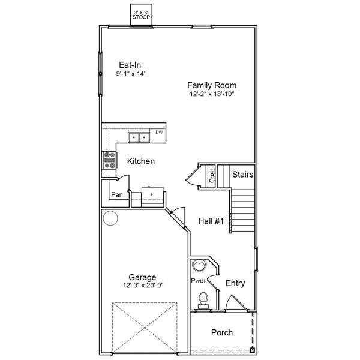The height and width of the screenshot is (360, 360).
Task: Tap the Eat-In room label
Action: pyautogui.click(x=130, y=65)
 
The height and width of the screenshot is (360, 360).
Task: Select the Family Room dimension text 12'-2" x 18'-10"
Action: pyautogui.click(x=211, y=94)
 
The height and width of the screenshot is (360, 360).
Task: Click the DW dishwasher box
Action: pyautogui.click(x=159, y=133)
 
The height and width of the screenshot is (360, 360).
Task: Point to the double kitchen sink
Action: pyautogui.click(x=139, y=138)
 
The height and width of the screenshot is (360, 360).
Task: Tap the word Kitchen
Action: pyautogui.click(x=141, y=161)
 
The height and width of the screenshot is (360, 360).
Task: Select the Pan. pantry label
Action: pyautogui.click(x=118, y=195)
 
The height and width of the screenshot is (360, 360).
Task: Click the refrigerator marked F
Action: pyautogui.click(x=152, y=195)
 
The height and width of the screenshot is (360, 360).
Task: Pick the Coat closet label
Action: pyautogui.click(x=212, y=176)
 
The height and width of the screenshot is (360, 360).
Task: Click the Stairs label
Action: pyautogui.click(x=242, y=175)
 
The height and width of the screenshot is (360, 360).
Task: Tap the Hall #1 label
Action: pyautogui.click(x=211, y=221)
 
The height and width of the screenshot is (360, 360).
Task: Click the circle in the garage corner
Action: pyautogui.click(x=110, y=218)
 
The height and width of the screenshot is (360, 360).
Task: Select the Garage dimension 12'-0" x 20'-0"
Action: pyautogui.click(x=143, y=285)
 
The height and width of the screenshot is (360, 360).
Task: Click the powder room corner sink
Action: pyautogui.click(x=199, y=266)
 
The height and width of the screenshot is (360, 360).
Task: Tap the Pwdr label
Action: pyautogui.click(x=199, y=281)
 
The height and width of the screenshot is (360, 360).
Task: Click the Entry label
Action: pyautogui.click(x=235, y=283)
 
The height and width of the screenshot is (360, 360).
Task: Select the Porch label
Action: pyautogui.click(x=222, y=332)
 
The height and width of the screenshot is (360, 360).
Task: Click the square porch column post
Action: pyautogui.click(x=252, y=349)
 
